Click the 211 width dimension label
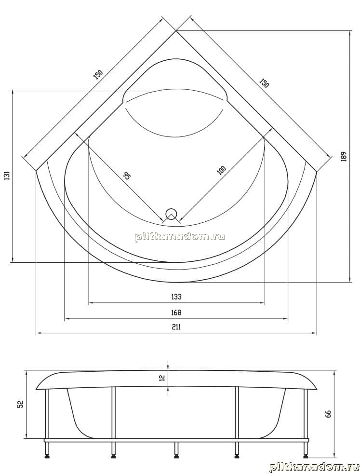[176, 327]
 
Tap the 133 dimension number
[176, 297]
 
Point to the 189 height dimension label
[344, 156]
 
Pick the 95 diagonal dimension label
[127, 176]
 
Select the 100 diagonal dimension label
[221, 170]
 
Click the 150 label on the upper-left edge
[98, 74]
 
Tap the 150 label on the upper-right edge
[264, 82]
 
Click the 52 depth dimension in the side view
[21, 404]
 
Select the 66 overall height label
[328, 414]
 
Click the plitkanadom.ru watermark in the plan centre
[180, 236]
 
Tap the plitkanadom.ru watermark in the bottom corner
[314, 467]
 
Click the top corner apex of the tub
[176, 30]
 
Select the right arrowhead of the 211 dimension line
[315, 333]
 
